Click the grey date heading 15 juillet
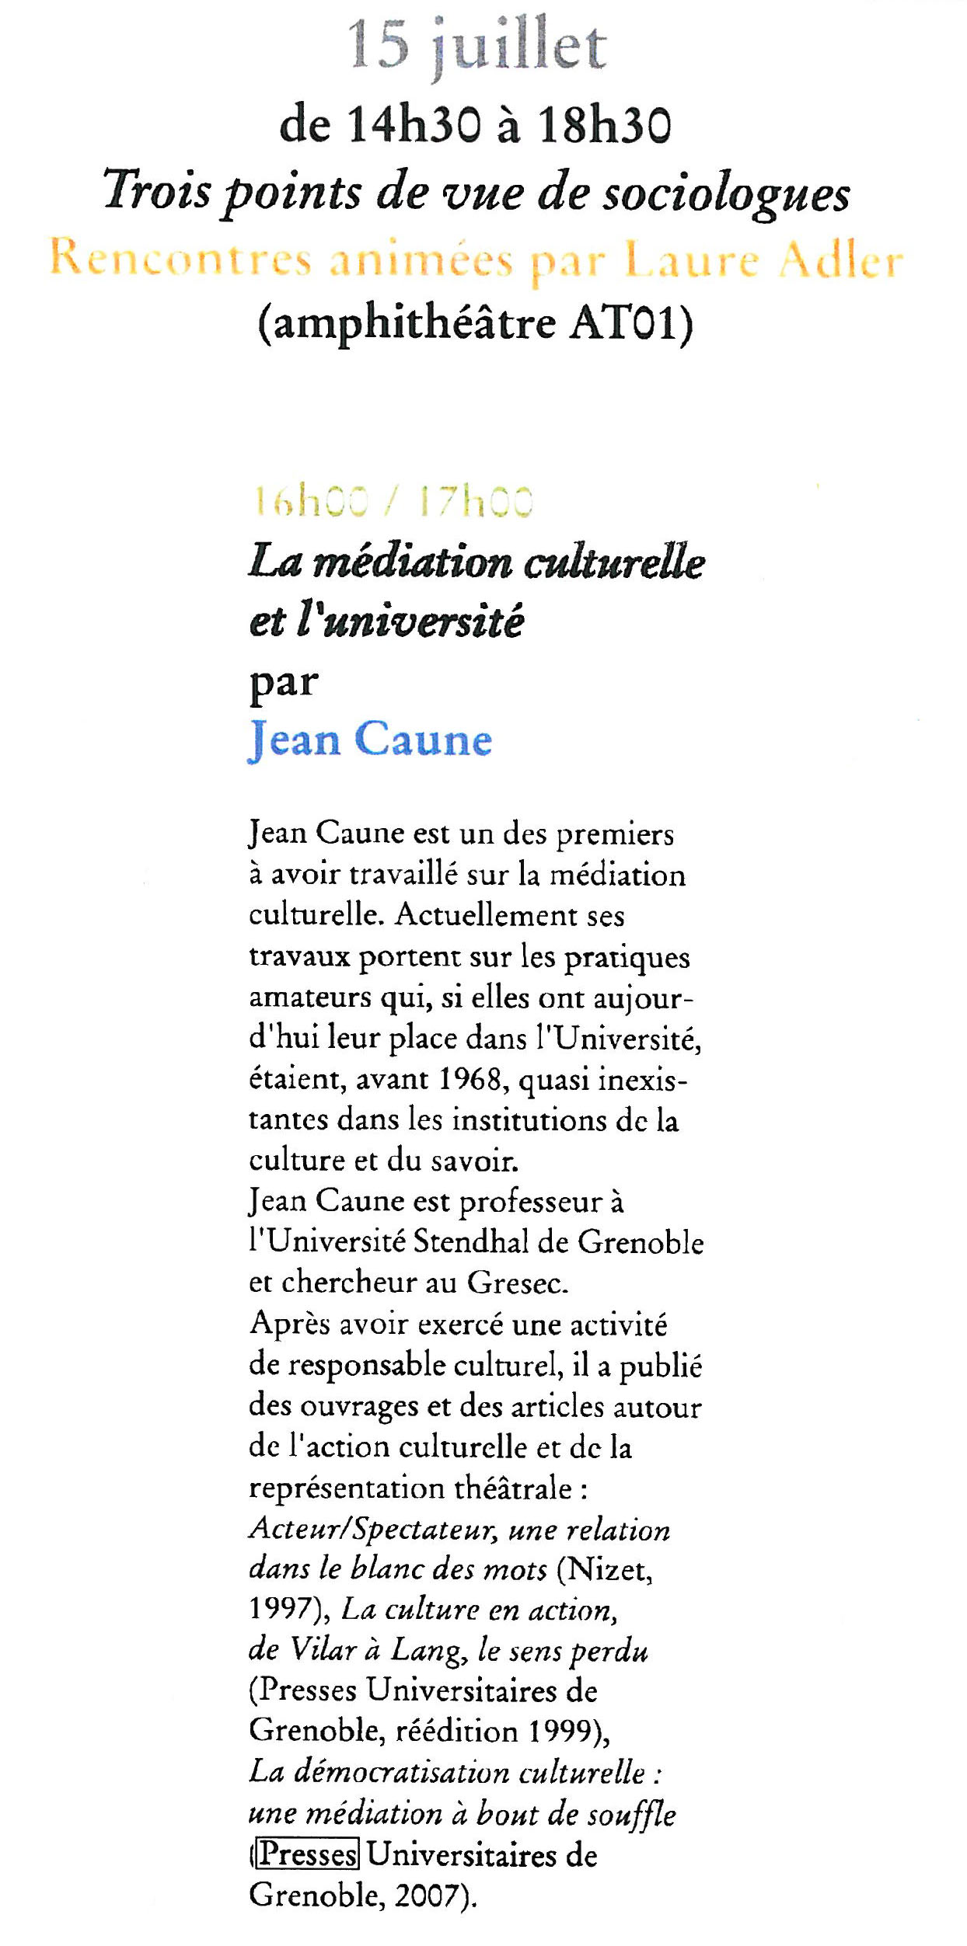coord(477,45)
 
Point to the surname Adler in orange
coord(840,259)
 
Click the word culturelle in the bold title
coord(614,562)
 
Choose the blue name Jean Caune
coord(370,739)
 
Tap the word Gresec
coord(517,1283)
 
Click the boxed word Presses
coord(307,1854)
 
